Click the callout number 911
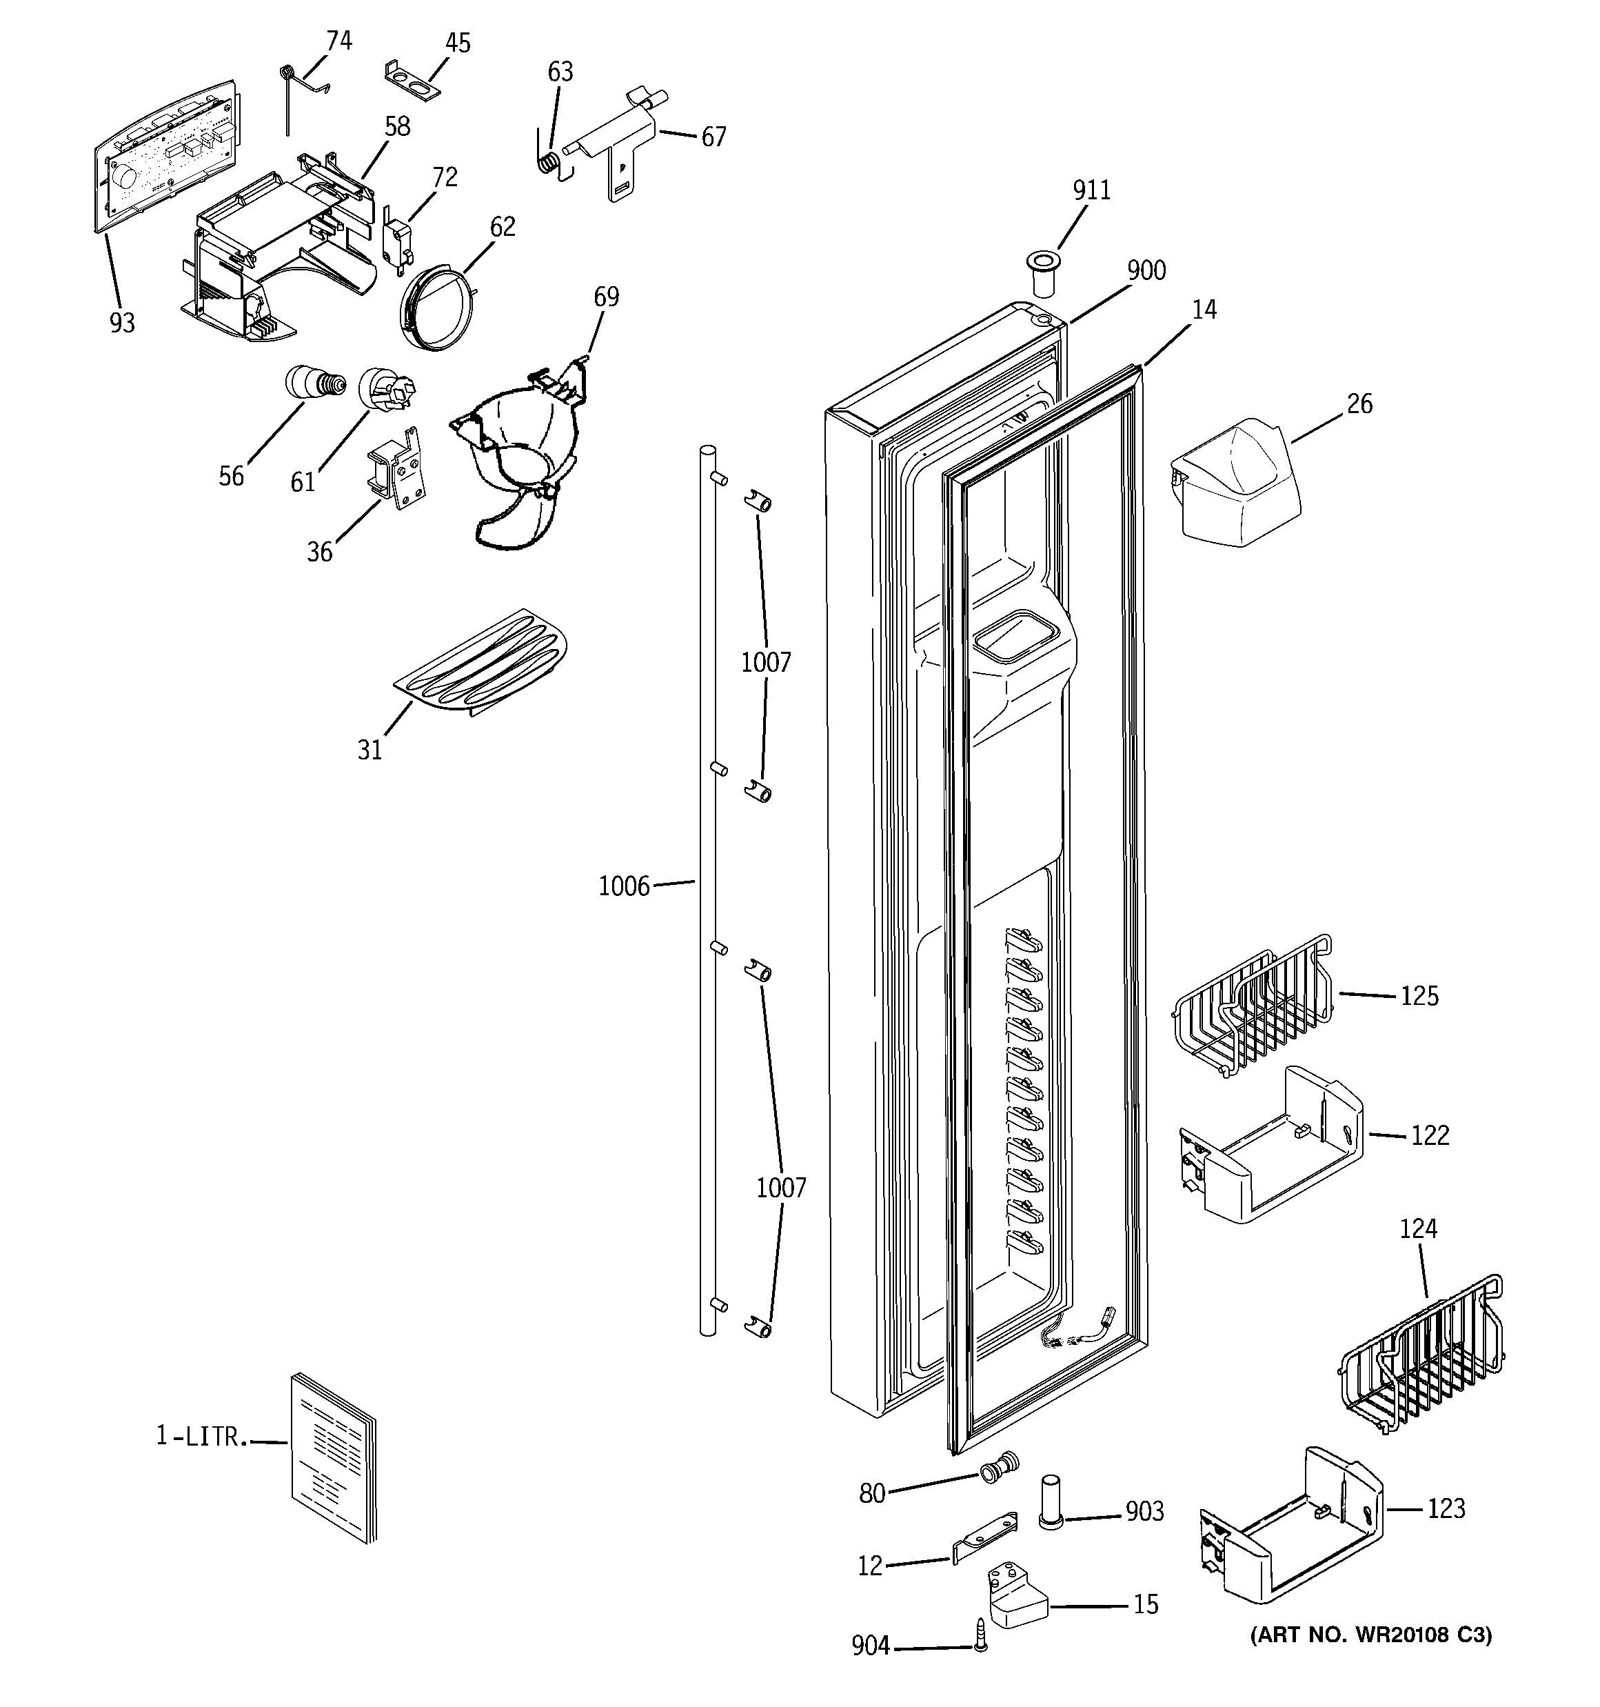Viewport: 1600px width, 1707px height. [x=1091, y=190]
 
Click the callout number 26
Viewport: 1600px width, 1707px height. [x=1359, y=403]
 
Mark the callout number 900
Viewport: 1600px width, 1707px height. [x=1146, y=270]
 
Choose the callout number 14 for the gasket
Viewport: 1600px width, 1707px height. [x=1204, y=310]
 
